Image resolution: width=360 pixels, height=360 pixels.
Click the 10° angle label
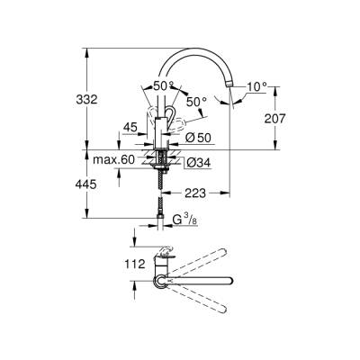258,86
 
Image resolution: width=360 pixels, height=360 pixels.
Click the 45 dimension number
131,127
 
